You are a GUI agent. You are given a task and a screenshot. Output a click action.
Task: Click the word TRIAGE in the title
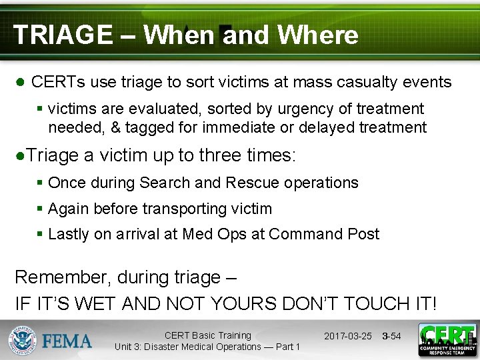coord(63,35)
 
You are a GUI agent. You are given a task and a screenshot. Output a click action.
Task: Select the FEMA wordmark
coord(68,341)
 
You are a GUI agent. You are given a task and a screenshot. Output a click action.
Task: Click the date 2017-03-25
coord(348,336)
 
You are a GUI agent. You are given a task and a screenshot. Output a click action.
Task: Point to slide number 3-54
coord(391,336)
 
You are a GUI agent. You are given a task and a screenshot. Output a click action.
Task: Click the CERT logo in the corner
coord(447,340)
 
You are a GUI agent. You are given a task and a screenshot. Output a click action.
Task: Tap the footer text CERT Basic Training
coord(207,335)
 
